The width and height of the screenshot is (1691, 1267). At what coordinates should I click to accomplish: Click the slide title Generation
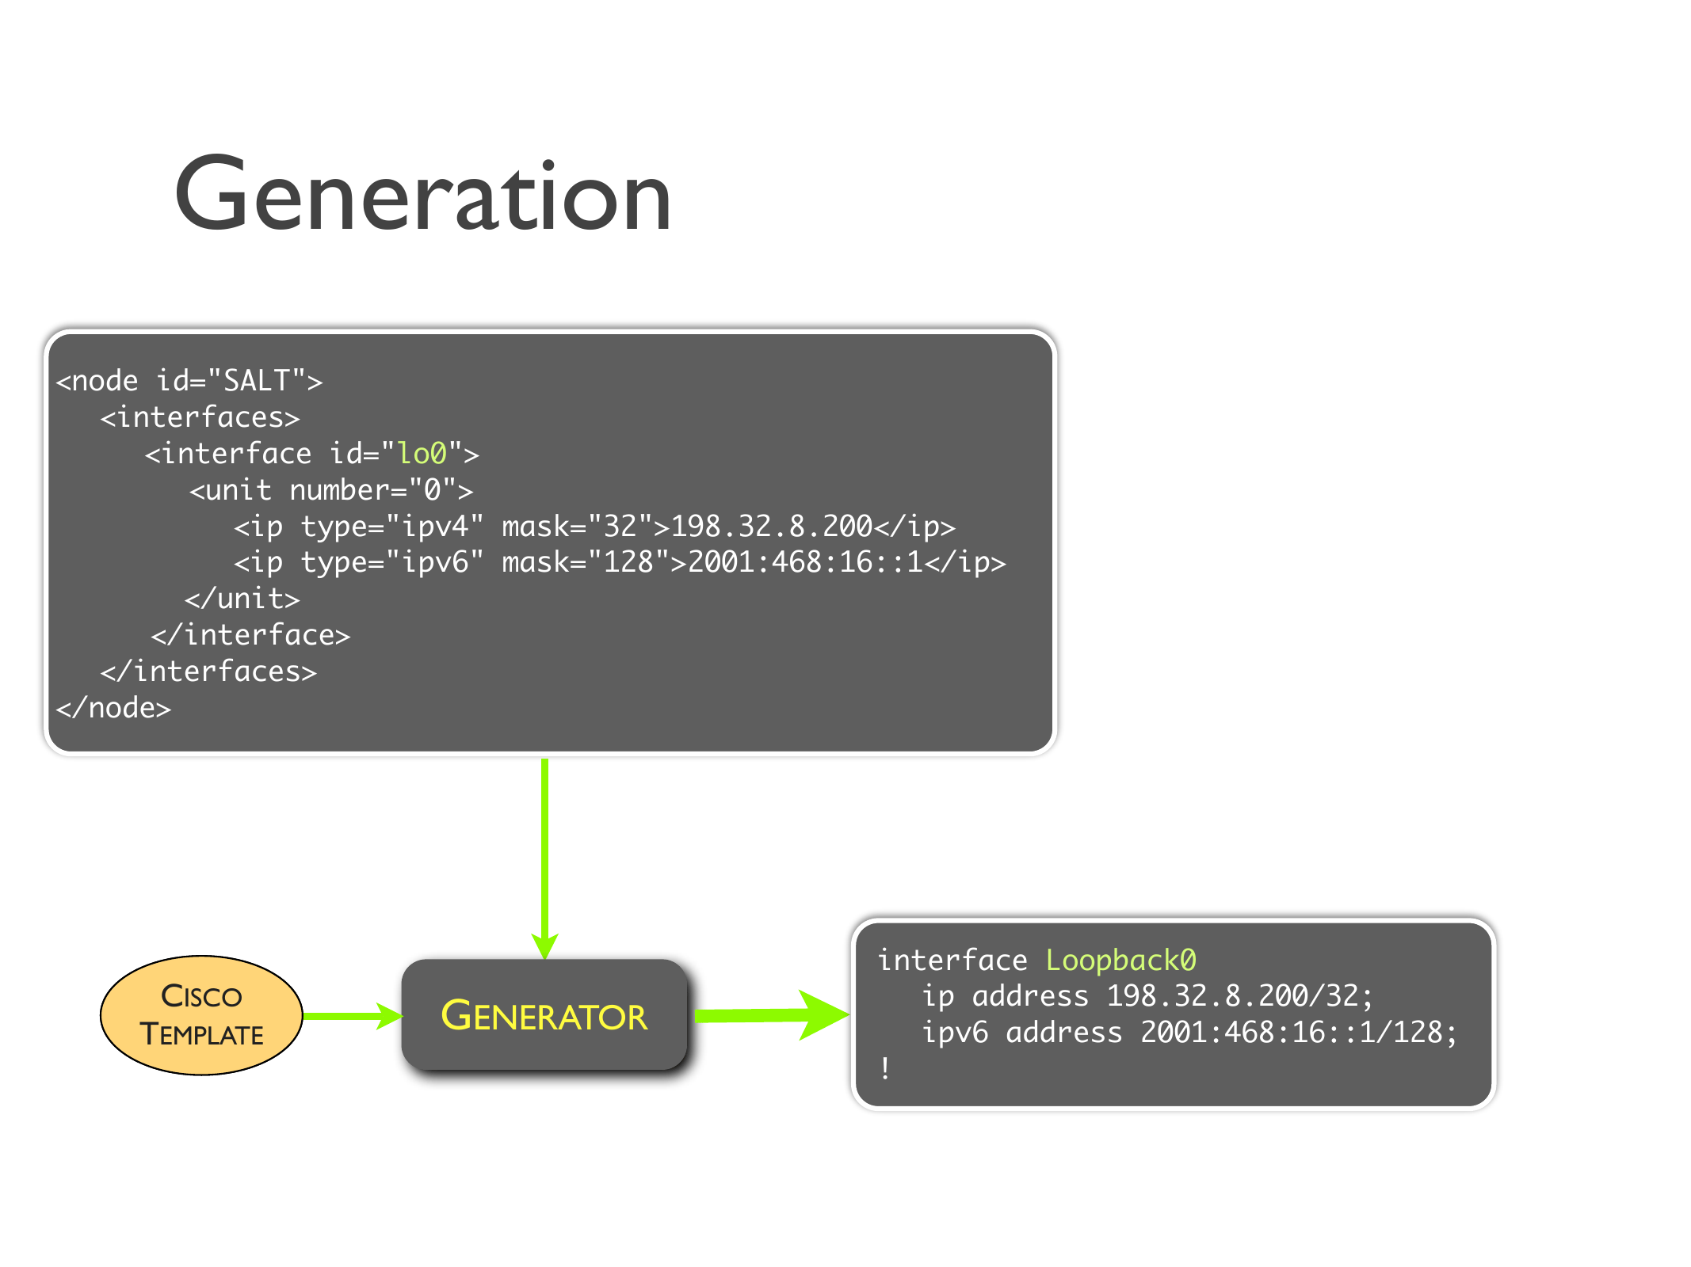[423, 195]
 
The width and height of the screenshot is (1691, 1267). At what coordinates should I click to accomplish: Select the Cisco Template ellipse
[201, 1015]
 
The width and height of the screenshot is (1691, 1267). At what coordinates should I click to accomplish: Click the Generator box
[544, 1015]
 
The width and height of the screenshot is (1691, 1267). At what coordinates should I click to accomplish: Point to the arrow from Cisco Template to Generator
[352, 1015]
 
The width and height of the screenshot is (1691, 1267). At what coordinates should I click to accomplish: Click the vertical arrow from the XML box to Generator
[544, 855]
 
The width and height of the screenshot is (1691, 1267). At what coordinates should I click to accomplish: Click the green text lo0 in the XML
[422, 454]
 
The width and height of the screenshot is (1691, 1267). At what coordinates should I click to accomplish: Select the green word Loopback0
[1120, 960]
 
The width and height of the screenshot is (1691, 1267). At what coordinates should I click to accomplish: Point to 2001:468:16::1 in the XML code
[805, 562]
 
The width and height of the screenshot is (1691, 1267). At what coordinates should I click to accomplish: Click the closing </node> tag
[113, 708]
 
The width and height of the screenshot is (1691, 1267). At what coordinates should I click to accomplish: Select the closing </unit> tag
[242, 599]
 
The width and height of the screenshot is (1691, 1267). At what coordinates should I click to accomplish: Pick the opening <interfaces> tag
[200, 417]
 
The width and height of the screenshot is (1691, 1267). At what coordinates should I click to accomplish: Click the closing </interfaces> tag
[208, 672]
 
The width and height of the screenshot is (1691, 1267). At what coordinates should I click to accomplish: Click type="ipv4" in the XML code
[392, 526]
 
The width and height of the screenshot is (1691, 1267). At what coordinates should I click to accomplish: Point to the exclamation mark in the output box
[885, 1068]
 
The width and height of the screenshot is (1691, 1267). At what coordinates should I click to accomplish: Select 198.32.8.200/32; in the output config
[1239, 996]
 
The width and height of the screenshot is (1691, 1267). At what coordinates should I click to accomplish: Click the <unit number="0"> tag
[331, 490]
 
